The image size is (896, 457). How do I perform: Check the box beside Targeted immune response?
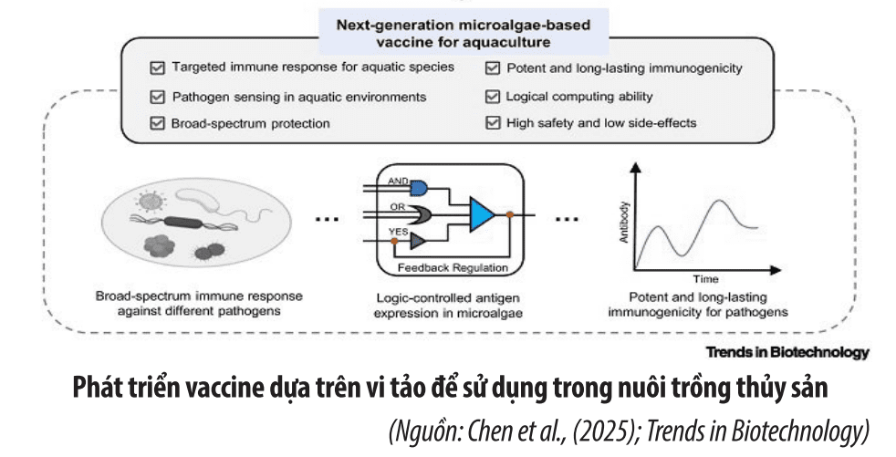(x=156, y=68)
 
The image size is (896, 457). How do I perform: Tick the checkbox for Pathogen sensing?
(x=156, y=96)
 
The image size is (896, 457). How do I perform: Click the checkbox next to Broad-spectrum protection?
(x=156, y=123)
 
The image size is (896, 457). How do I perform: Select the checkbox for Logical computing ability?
(x=492, y=96)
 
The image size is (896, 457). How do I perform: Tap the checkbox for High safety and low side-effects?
(x=492, y=123)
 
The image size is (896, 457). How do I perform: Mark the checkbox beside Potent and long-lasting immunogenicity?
(x=492, y=68)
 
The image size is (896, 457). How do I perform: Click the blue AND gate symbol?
(x=419, y=187)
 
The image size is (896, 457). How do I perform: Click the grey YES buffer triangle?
(x=418, y=241)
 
